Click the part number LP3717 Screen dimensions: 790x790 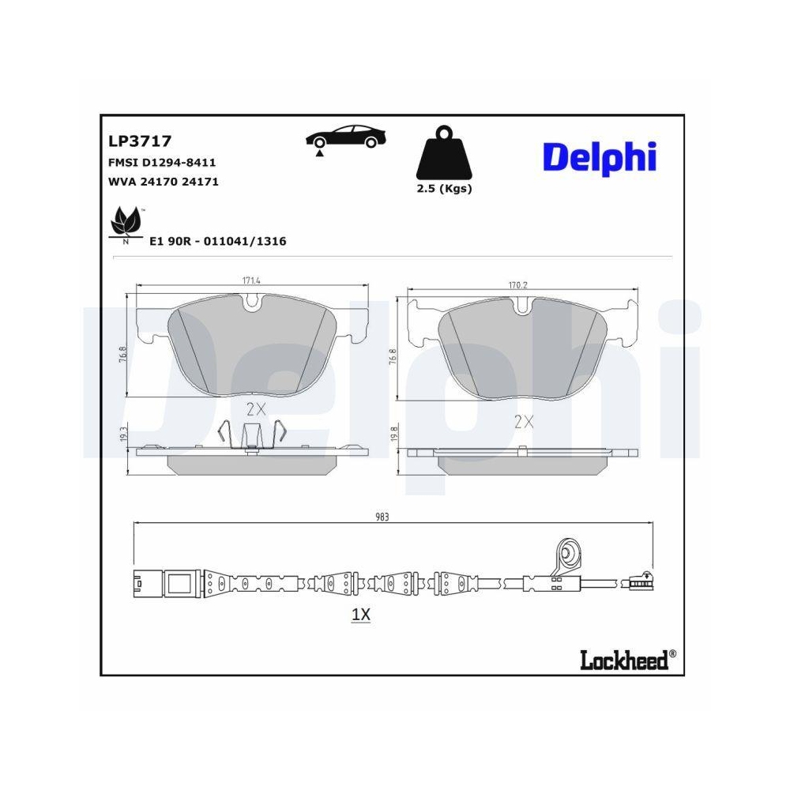pos(139,141)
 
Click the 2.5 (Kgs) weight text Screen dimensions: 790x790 pos(443,189)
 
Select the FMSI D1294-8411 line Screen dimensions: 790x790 pos(161,162)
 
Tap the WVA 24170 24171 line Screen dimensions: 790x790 pos(163,182)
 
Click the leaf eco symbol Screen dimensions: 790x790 pos(126,222)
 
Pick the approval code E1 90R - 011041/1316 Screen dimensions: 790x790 pos(218,241)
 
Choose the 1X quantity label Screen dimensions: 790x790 pos(360,615)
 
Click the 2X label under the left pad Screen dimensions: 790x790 pos(254,409)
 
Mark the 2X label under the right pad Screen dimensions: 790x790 pos(524,422)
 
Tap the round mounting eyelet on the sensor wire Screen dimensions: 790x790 pos(568,551)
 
